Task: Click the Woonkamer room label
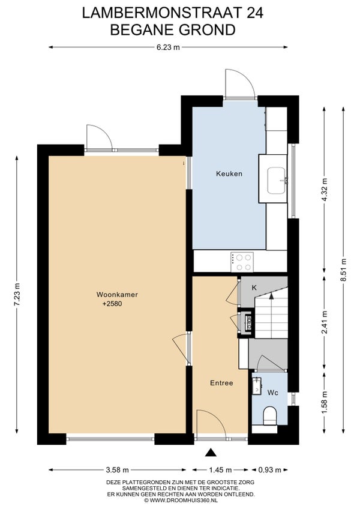[117, 295]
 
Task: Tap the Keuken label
[229, 173]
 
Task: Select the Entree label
[221, 383]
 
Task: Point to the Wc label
[272, 393]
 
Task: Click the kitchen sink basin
[277, 181]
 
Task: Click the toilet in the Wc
[269, 417]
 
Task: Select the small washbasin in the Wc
[257, 385]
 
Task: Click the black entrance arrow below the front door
[211, 453]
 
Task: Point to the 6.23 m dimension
[168, 47]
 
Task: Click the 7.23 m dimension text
[17, 295]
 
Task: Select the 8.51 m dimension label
[344, 270]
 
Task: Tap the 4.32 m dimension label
[324, 190]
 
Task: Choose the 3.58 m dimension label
[118, 470]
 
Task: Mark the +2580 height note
[112, 304]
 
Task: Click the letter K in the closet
[254, 288]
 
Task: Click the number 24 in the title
[255, 13]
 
